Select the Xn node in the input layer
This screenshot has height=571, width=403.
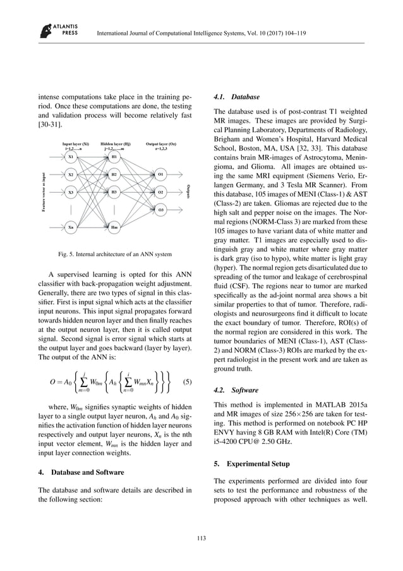[71, 226]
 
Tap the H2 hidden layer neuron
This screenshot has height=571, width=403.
[114, 174]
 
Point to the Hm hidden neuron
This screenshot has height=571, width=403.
[114, 226]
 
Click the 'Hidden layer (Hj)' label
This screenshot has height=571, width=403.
[114, 144]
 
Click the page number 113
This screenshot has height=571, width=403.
[201, 538]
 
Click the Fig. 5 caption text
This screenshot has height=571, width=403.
[114, 255]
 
